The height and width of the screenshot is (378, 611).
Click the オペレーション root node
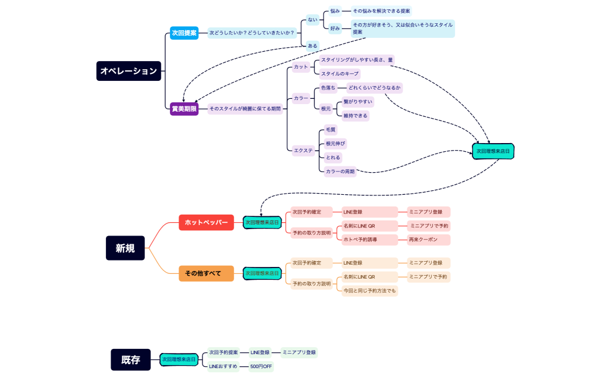click(x=129, y=71)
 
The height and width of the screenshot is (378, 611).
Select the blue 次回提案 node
click(x=184, y=33)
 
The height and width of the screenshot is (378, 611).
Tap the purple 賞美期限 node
click(x=184, y=109)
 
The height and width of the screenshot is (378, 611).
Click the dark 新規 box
click(x=125, y=248)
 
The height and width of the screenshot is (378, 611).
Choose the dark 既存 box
click(x=130, y=360)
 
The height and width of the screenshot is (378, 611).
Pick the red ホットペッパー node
click(x=206, y=222)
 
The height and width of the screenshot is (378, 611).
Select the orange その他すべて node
click(x=206, y=273)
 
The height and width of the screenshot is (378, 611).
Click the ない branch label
click(x=312, y=20)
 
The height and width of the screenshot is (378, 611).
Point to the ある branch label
click(x=312, y=45)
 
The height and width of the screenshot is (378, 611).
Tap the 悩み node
click(x=335, y=11)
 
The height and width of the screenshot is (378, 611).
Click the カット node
click(x=301, y=67)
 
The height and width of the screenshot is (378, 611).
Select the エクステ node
click(x=303, y=151)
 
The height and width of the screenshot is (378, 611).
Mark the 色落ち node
click(x=328, y=88)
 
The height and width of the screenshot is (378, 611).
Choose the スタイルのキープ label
click(x=340, y=74)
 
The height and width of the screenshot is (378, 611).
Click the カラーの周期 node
click(x=340, y=172)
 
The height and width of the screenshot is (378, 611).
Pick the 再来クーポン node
click(x=423, y=240)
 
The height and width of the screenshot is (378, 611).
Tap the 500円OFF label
click(x=261, y=367)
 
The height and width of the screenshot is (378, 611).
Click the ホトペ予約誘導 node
click(x=360, y=240)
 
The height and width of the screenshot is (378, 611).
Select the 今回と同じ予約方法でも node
click(x=370, y=290)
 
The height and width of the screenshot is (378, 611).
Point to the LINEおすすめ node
click(x=223, y=366)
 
